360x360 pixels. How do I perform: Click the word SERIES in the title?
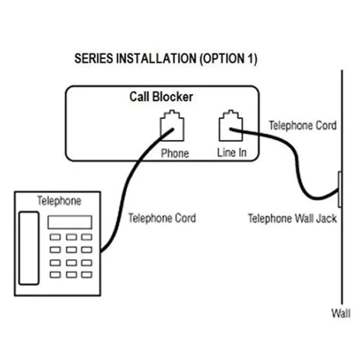94,58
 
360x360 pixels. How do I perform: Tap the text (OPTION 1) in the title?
229,59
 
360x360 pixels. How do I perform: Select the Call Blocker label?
161,96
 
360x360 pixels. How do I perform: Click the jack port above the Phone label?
172,126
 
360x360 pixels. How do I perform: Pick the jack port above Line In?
231,126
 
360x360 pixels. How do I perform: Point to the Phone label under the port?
175,153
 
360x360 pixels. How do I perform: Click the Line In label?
232,153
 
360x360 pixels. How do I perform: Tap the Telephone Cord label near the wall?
303,126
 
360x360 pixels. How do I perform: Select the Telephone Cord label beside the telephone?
162,218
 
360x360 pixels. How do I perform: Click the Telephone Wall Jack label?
292,219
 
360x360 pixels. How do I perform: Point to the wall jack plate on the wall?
340,189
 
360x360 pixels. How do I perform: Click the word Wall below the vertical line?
341,313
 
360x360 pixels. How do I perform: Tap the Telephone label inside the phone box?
59,201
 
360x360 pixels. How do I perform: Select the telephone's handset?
29,248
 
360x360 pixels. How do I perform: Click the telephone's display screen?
70,222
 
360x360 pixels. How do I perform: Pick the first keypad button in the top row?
55,237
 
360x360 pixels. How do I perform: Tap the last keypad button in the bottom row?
87,275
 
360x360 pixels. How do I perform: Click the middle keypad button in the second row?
71,249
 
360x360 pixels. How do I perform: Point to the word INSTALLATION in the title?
156,58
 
